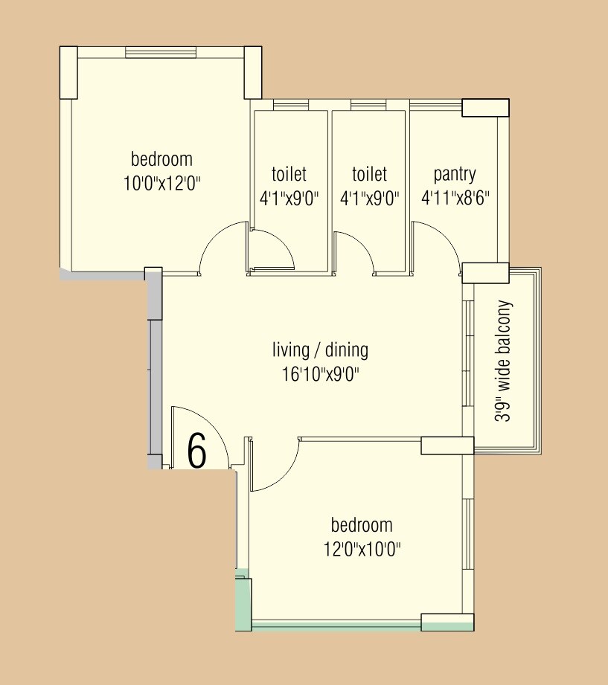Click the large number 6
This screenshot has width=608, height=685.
click(196, 451)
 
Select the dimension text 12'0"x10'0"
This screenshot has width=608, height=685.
click(362, 550)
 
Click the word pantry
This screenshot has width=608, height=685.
click(455, 174)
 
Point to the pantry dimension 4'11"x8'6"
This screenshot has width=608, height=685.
click(455, 198)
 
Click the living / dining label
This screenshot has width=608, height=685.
click(320, 350)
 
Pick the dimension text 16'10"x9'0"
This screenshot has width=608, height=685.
click(320, 373)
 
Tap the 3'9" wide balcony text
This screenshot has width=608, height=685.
click(505, 361)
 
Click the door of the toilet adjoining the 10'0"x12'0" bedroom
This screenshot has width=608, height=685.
click(272, 253)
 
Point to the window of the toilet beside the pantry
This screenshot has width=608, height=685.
click(368, 105)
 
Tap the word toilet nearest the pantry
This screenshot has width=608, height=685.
click(369, 174)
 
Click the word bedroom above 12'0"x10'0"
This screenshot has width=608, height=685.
click(362, 526)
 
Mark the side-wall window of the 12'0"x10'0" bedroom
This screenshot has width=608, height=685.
click(468, 536)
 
